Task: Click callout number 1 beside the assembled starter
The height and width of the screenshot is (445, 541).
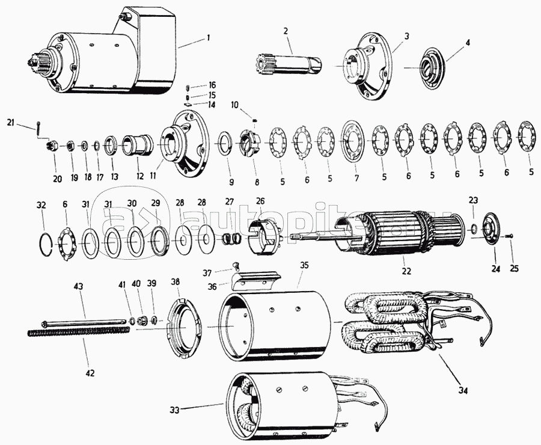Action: (x=208, y=37)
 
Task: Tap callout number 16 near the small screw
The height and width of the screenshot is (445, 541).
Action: (x=212, y=85)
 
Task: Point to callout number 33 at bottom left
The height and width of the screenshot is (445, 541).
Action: (x=174, y=411)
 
